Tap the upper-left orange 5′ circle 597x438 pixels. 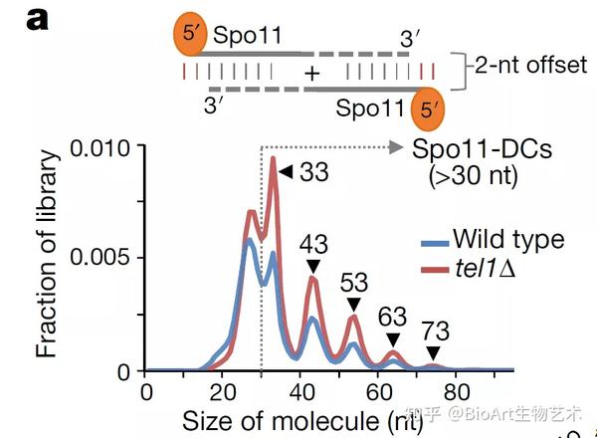[191, 37]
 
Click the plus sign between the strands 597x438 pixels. [311, 74]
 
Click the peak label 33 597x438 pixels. [315, 172]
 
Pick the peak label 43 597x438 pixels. [313, 244]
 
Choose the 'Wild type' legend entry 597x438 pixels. [507, 239]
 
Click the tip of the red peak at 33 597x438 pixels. [273, 158]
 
